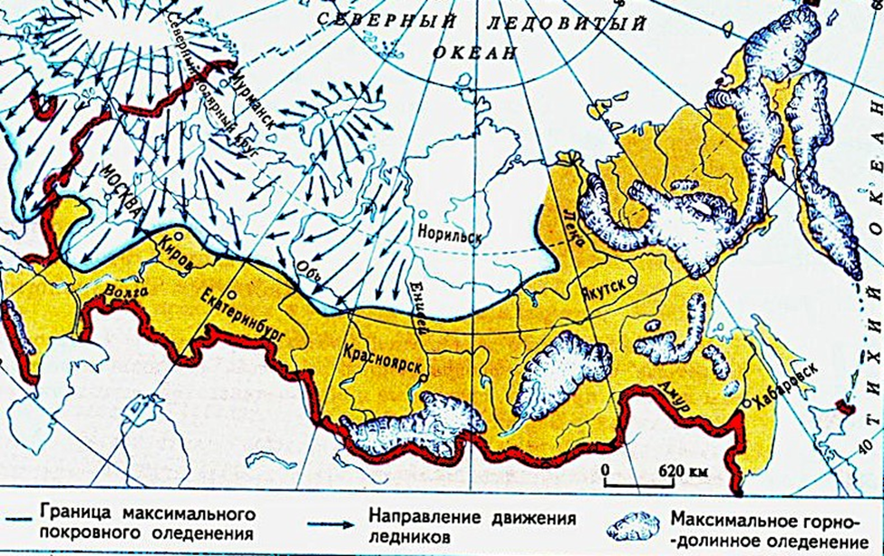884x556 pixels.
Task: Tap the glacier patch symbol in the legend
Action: [x=638, y=525]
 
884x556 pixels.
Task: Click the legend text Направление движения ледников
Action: [x=472, y=526]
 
